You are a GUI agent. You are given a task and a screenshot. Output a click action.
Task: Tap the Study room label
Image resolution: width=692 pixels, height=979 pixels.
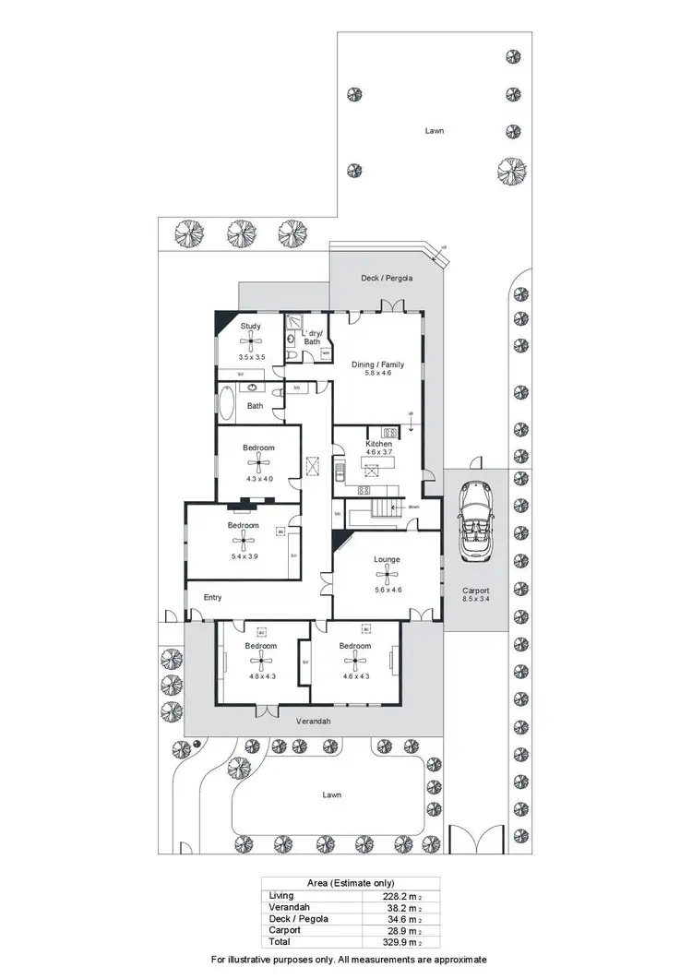251,326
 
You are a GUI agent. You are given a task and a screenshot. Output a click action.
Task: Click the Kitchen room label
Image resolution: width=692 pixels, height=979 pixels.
378,444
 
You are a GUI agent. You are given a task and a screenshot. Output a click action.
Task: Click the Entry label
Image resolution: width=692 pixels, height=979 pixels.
212,597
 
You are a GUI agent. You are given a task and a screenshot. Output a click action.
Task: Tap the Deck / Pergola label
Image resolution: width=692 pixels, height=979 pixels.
387,278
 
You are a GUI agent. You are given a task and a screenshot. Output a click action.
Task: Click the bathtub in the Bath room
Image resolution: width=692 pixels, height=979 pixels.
227,404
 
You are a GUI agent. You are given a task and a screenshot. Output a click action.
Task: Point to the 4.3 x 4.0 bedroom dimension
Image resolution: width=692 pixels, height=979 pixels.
259,478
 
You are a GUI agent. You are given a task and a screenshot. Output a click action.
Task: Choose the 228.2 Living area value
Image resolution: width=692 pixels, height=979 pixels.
393,895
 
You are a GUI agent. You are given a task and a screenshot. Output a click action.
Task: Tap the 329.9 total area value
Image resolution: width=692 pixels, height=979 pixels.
393,942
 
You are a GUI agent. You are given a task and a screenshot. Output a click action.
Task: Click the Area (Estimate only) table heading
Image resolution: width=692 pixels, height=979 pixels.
350,882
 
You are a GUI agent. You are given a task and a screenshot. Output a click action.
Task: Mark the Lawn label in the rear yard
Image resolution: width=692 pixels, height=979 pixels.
434,131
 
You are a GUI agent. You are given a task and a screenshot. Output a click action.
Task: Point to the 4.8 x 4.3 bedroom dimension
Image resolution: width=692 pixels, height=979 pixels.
262,676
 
